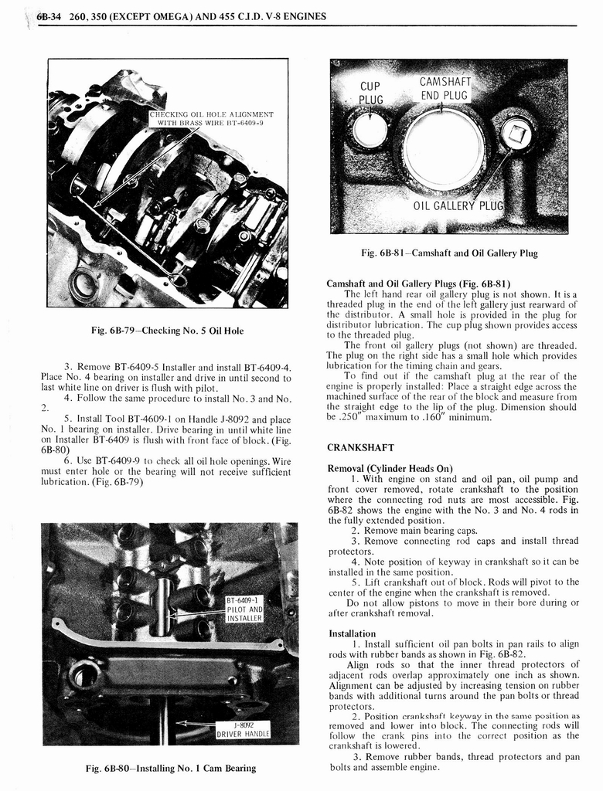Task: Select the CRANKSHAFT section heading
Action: click(x=360, y=447)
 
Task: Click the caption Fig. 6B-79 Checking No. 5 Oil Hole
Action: click(x=167, y=331)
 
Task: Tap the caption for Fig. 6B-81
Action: click(x=449, y=253)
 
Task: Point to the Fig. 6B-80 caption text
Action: click(x=171, y=768)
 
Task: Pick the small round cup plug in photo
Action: click(x=370, y=130)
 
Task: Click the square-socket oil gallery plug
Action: click(x=516, y=134)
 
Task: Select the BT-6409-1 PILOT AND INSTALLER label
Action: click(x=245, y=609)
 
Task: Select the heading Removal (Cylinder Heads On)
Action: click(x=390, y=468)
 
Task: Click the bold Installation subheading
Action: click(x=352, y=633)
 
